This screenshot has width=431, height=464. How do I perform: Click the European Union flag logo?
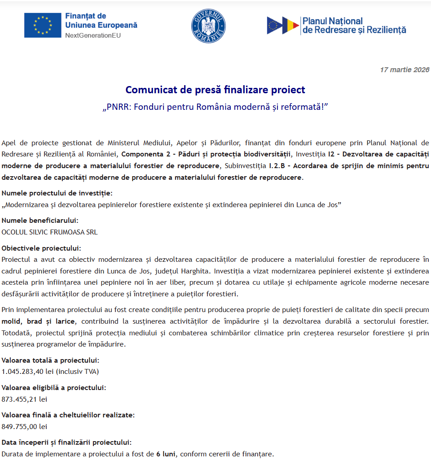[43, 25]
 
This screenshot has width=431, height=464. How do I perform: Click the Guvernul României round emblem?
[208, 26]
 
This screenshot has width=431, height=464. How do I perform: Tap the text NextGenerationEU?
[93, 35]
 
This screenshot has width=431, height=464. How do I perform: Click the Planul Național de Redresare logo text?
[354, 26]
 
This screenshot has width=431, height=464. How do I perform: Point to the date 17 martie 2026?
[405, 69]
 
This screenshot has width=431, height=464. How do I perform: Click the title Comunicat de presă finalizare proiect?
[215, 90]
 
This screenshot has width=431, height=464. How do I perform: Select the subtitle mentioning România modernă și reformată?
[215, 108]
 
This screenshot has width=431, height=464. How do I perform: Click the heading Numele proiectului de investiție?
[57, 193]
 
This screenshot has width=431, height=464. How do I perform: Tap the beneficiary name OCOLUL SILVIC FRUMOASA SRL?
[49, 232]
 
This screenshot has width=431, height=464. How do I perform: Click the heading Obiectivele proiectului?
[41, 248]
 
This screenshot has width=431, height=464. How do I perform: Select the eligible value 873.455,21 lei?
[24, 399]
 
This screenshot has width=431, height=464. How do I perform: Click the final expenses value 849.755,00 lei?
[24, 426]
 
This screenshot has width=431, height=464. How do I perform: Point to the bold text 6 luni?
[166, 454]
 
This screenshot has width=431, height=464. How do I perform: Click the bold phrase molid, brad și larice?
[39, 321]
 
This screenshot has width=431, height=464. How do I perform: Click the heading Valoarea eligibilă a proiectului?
[54, 388]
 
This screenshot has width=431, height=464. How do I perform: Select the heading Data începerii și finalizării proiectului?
[66, 442]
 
